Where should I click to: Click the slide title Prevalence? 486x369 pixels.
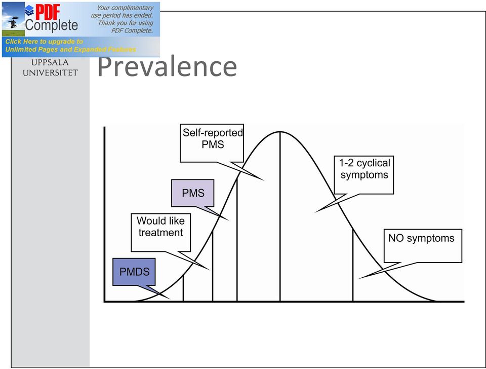point(167,66)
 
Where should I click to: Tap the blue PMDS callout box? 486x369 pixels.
point(134,272)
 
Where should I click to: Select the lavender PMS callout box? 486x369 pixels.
point(193,193)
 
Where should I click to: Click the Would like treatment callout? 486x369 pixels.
point(160,233)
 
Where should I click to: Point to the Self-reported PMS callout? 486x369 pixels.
point(212,143)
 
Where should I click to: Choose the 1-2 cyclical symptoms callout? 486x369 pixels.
point(364,175)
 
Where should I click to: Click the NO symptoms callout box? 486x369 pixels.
point(423,246)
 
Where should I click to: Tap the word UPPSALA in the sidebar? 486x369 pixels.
point(50,62)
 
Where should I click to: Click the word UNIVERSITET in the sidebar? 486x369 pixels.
point(50,72)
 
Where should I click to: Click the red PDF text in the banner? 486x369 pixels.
point(48,12)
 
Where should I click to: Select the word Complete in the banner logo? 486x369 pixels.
point(52,25)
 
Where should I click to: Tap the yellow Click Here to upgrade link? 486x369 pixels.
point(44,41)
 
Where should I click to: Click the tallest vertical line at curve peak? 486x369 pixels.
point(280,216)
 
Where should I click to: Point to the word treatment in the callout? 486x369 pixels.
point(160,233)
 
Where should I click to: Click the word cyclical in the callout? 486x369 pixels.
point(373,163)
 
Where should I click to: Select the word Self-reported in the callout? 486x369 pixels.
point(213,132)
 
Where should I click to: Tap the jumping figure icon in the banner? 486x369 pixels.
point(13,22)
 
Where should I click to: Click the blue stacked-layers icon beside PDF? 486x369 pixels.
point(29,10)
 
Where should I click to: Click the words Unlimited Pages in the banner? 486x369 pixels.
point(31,49)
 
